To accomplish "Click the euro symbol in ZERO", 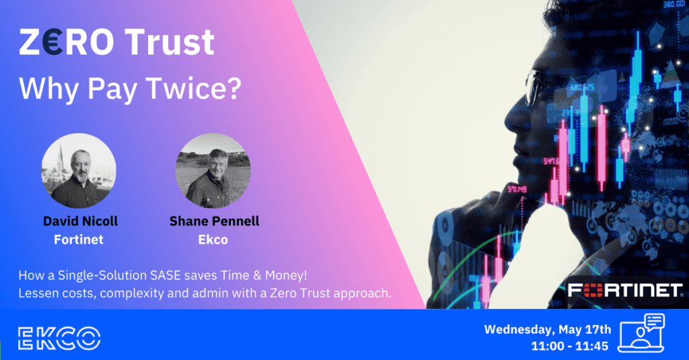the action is (53, 42).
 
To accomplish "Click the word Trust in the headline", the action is (170, 42).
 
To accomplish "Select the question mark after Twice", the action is (235, 88).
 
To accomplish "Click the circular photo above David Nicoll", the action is (79, 170).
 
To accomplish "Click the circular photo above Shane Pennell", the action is (213, 170).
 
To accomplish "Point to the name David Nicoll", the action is (81, 221).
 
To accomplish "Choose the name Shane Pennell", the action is (215, 221).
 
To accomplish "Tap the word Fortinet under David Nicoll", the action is (79, 240).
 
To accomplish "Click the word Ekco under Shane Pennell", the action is (213, 240).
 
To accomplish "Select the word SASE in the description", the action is (166, 276).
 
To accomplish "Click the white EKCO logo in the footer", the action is (59, 338).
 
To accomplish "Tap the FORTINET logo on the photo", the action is (625, 291).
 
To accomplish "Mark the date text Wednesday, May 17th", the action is (548, 329).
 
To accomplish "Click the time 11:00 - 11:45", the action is (569, 347).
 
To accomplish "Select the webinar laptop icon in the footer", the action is (641, 332).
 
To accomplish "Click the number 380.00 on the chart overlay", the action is (674, 4).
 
